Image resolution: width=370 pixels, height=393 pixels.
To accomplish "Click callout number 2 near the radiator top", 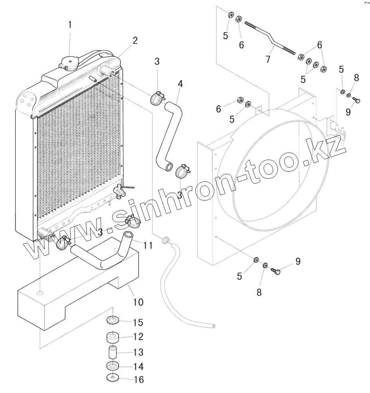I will pos(135,41).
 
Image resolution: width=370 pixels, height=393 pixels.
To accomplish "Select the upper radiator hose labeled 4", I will pos(169,132).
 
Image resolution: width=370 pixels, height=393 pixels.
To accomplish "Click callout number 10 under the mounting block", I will pos(138,302).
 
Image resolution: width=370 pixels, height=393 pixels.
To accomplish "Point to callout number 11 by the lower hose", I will pos(148,245).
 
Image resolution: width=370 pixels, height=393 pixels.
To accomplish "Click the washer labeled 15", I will pos(113,320).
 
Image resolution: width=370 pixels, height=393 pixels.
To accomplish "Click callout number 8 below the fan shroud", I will pos(259,292).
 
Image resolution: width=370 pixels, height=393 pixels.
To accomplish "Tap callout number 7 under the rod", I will pos(268,59).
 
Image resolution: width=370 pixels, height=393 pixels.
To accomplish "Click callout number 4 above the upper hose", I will pos(180,84).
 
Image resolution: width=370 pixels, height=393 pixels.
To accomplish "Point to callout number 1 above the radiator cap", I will pos(70,25).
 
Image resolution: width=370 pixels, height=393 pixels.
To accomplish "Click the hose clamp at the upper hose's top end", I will pos(158,97).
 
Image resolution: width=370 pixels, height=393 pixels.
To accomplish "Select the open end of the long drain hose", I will pos(214,326).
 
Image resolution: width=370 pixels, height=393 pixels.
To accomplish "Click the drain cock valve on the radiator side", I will pos(121,191).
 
